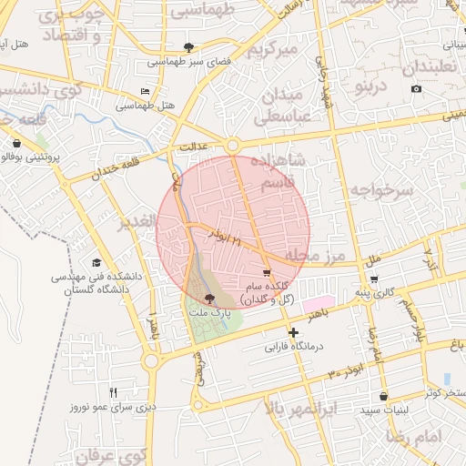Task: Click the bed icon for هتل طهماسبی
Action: [x=145, y=92]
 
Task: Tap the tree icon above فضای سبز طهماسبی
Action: [x=188, y=47]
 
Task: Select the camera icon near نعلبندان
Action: [x=416, y=88]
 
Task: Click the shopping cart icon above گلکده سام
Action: [x=266, y=272]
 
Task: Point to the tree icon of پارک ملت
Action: [x=210, y=298]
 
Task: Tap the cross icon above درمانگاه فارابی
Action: [x=292, y=332]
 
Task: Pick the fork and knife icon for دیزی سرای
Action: [x=113, y=393]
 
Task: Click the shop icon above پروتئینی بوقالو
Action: [x=17, y=142]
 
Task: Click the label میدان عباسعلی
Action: [x=285, y=106]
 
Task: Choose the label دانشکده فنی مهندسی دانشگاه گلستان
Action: [x=90, y=281]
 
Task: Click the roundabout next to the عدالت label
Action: [x=233, y=146]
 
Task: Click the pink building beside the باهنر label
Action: [x=317, y=303]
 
